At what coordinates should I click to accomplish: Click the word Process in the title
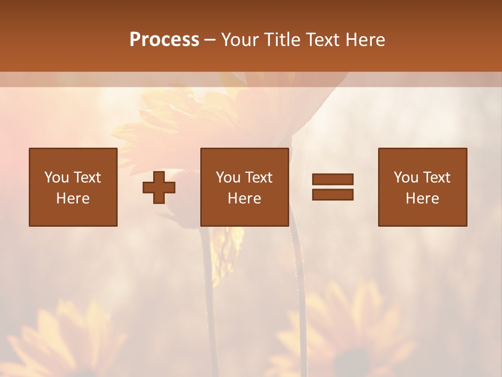(x=164, y=40)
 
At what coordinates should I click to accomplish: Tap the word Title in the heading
(x=283, y=40)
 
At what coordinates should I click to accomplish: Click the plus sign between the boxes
(x=159, y=187)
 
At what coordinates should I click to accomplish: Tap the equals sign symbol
(x=333, y=187)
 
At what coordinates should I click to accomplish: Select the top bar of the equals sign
(x=333, y=179)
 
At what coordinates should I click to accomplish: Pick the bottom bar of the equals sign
(x=333, y=195)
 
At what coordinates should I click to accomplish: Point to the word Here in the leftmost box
(x=73, y=198)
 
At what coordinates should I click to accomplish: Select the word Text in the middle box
(x=258, y=178)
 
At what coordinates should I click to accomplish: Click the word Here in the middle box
(x=244, y=198)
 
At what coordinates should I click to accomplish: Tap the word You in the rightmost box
(x=406, y=178)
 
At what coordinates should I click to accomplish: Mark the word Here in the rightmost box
(x=422, y=198)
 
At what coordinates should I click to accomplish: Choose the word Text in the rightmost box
(x=436, y=178)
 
